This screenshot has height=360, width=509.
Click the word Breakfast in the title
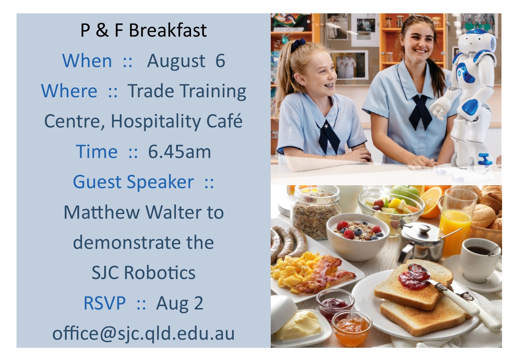pyautogui.click(x=167, y=30)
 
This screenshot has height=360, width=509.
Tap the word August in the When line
pyautogui.click(x=176, y=61)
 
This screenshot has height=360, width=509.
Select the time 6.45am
pyautogui.click(x=179, y=152)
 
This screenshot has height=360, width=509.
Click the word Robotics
pyautogui.click(x=160, y=273)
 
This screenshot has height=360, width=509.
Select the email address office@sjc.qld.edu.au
pyautogui.click(x=143, y=333)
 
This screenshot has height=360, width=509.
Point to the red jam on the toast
pyautogui.click(x=413, y=277)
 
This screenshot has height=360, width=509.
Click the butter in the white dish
pyautogui.click(x=299, y=325)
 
